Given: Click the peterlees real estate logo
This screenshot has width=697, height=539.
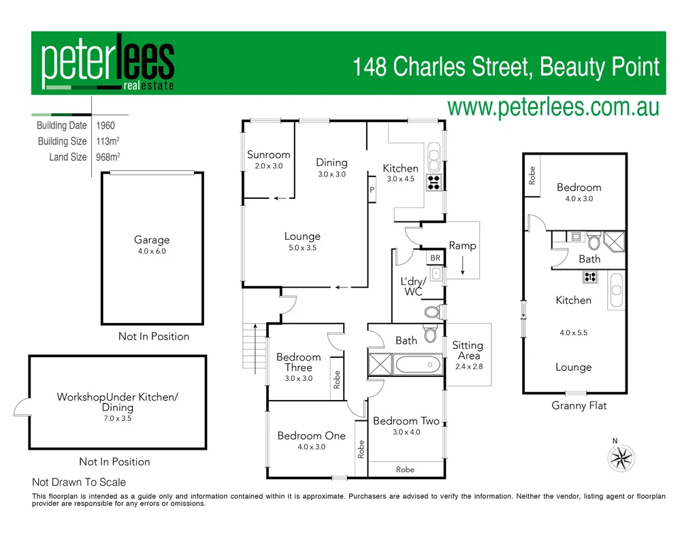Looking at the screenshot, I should pos(108,63).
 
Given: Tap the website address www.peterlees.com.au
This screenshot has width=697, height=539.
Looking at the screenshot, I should pos(553,107).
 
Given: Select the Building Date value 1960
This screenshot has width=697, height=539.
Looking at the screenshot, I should pos(106,125).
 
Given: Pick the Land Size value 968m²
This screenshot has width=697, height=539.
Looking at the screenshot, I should pos(108,157).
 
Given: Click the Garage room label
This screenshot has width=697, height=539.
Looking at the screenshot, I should pos(152,240).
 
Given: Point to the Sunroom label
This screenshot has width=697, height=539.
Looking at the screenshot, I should pos(268,155).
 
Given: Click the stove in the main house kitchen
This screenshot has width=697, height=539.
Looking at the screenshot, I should pos(434,181).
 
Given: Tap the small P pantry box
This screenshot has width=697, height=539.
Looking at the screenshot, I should pos(372,190).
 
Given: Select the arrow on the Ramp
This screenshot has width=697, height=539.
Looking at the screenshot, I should pos(463,264).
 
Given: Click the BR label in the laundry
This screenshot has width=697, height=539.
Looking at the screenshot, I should pos(435,258).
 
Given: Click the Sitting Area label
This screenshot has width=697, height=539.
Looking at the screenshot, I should pos(468,350).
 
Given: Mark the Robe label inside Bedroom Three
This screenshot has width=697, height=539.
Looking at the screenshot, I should pos(337,380).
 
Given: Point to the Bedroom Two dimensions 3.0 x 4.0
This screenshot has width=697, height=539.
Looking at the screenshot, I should pos(406,432).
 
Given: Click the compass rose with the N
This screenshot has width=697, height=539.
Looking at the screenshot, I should pos(620,457).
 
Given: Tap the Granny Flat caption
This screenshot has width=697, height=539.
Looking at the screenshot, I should pos(579,405).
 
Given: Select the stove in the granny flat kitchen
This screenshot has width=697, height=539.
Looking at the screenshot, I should pos(589,277).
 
